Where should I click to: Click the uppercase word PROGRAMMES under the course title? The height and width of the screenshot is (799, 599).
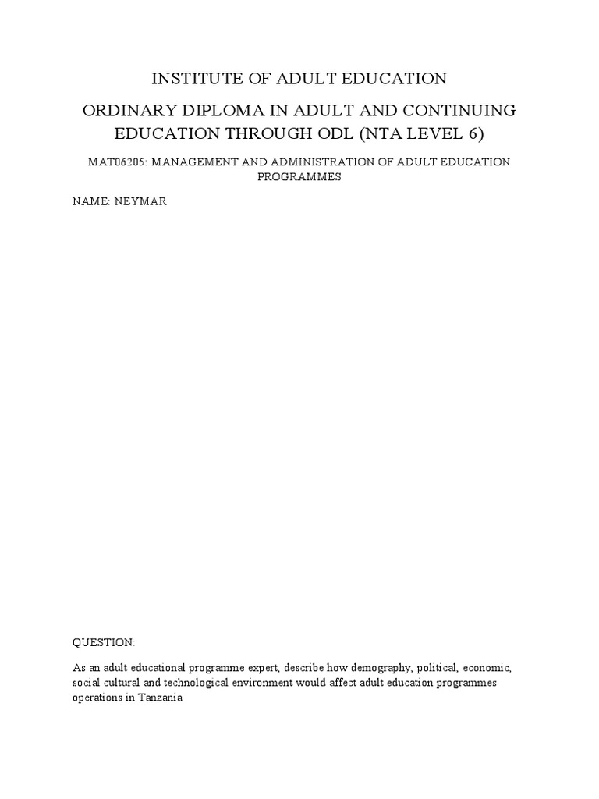299,176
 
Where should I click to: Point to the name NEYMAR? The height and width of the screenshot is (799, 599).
140,201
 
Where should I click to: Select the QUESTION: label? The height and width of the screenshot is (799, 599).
104,642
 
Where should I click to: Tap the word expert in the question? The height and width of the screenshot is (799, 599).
263,669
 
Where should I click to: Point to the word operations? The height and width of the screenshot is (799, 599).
98,698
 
